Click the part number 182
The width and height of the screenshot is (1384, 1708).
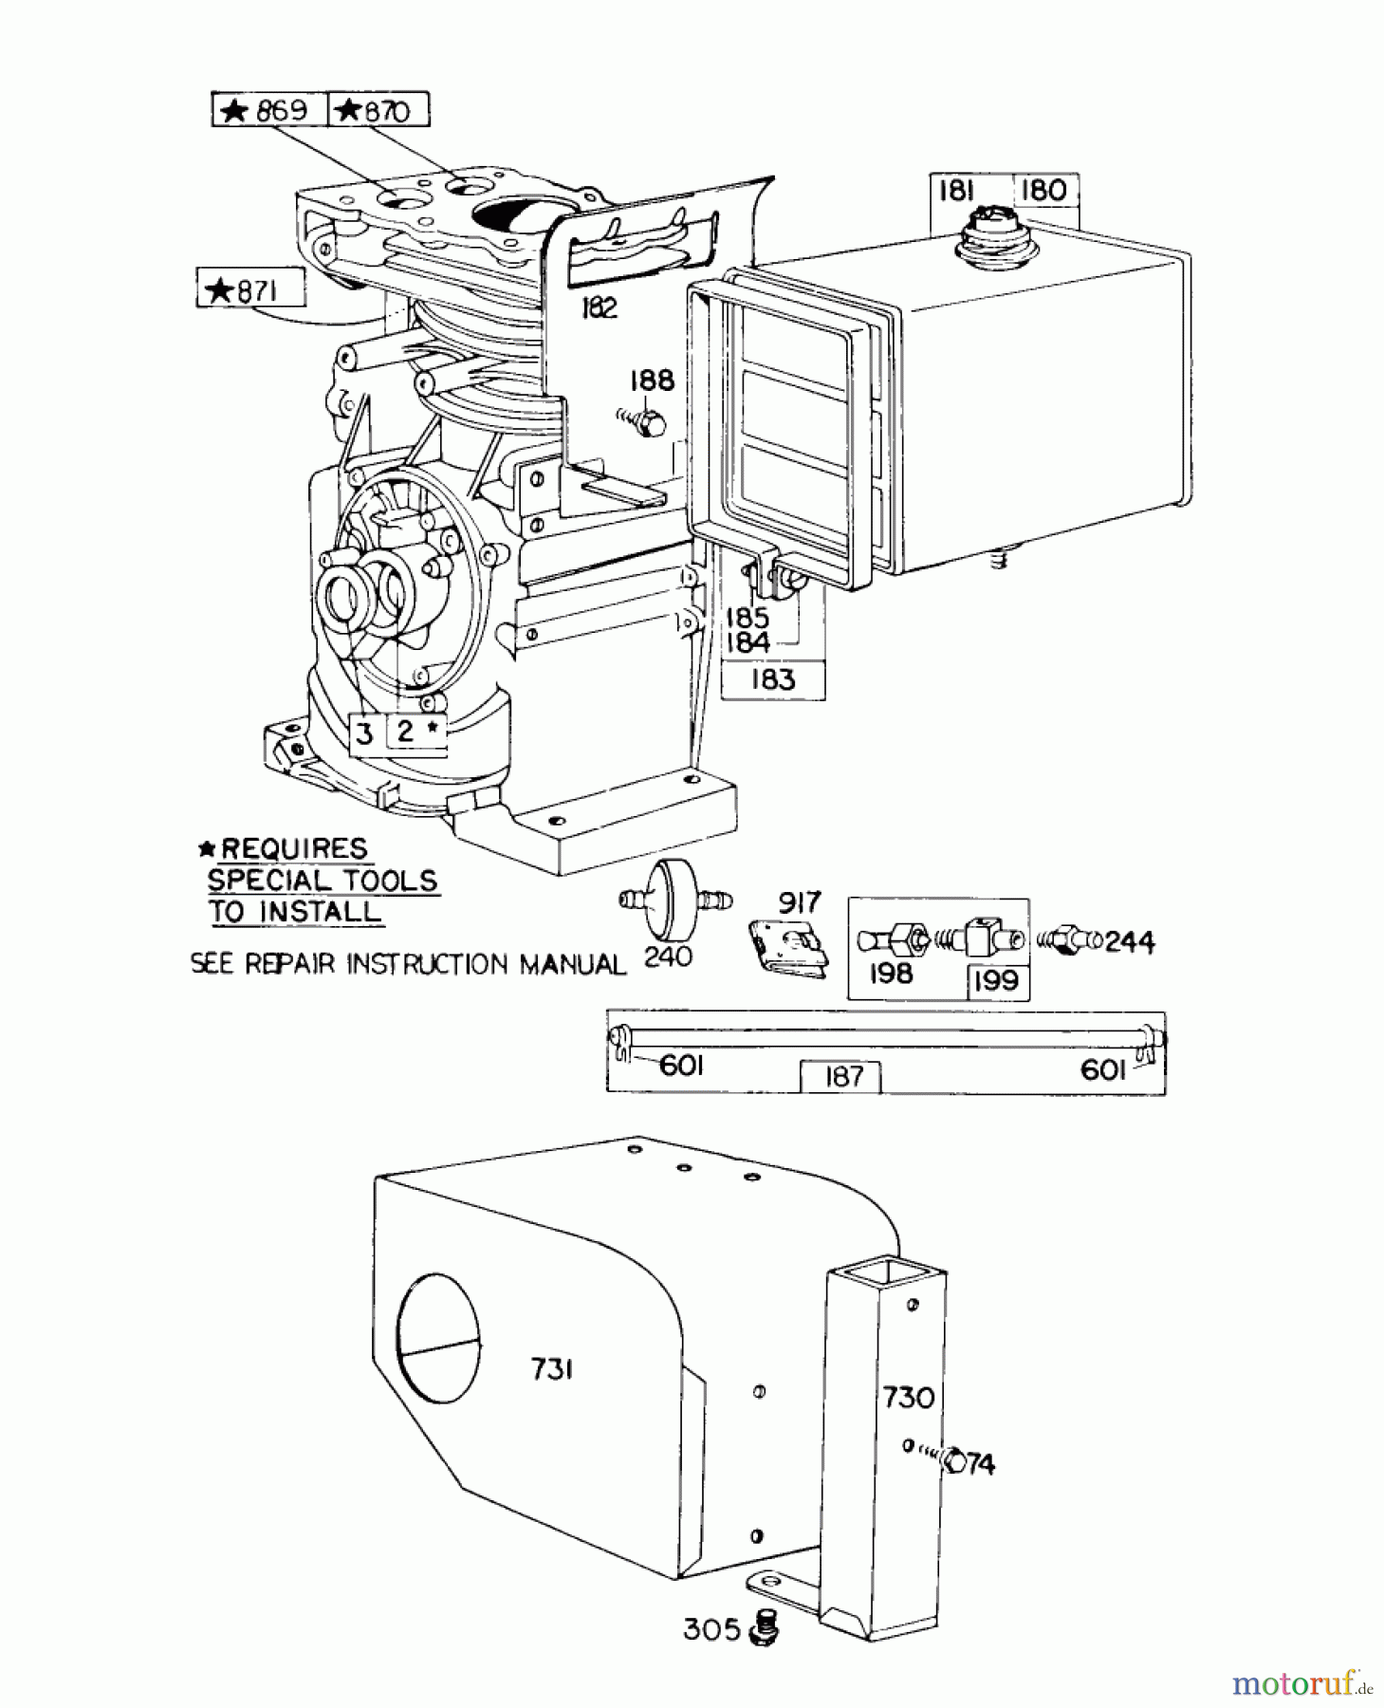(598, 308)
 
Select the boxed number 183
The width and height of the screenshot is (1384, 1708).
(772, 679)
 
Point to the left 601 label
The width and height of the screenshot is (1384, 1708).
(680, 1067)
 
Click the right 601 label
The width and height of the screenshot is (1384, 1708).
(1103, 1070)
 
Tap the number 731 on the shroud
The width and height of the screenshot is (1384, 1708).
(552, 1369)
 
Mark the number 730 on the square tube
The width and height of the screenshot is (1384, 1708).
(908, 1397)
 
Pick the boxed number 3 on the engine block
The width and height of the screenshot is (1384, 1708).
(365, 733)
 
